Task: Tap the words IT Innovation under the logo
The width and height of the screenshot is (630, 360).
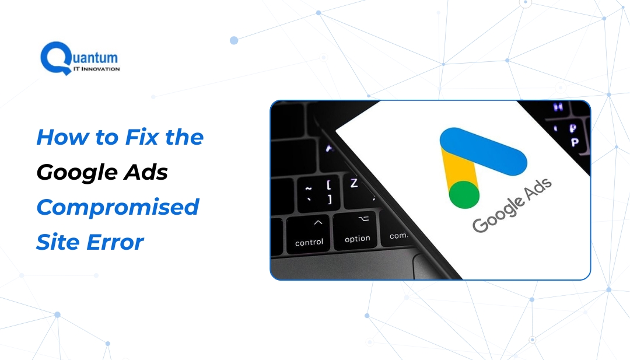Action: pyautogui.click(x=96, y=69)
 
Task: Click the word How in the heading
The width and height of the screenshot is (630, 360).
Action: pyautogui.click(x=62, y=138)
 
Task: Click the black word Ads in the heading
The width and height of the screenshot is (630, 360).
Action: pyautogui.click(x=146, y=172)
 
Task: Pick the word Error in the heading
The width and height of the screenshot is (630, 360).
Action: pyautogui.click(x=116, y=242)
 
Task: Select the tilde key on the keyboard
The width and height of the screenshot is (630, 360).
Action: pyautogui.click(x=309, y=193)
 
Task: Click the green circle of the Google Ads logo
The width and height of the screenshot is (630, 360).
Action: pyautogui.click(x=464, y=195)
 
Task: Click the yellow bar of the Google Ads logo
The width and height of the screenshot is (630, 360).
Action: pyautogui.click(x=458, y=169)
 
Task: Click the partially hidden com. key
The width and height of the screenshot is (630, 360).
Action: pyautogui.click(x=398, y=236)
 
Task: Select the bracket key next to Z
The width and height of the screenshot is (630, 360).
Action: pyautogui.click(x=329, y=191)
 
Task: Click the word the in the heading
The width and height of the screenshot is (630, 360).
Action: pyautogui.click(x=184, y=138)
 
